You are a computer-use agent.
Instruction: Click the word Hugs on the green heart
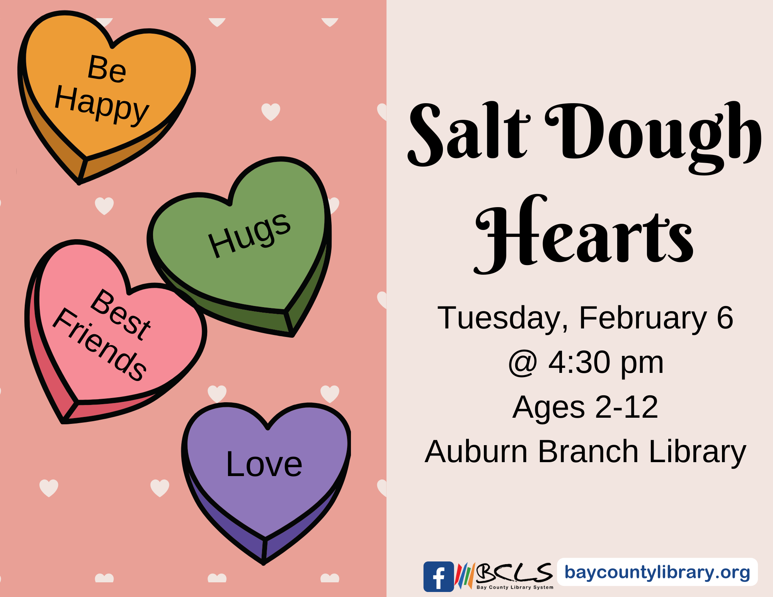(249, 235)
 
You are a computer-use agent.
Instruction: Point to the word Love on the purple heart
(264, 464)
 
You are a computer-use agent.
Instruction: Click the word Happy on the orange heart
(102, 104)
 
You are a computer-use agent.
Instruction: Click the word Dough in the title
(653, 137)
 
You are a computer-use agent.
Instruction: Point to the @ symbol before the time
(523, 364)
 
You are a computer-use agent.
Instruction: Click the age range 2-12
(627, 407)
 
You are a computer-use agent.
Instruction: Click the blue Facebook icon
(439, 577)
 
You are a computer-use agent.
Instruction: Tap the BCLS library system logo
(504, 576)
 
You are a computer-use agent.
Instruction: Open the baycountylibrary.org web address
(657, 572)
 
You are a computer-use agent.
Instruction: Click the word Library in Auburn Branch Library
(698, 452)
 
